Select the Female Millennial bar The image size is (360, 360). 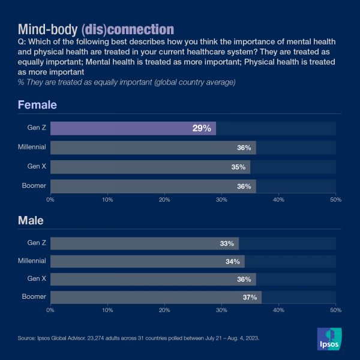[153, 148]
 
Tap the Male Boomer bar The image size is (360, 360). [156, 297]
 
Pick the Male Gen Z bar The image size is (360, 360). [144, 244]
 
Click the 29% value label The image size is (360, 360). [202, 128]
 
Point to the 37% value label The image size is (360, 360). [250, 297]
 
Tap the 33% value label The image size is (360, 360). [227, 244]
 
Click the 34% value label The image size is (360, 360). [233, 262]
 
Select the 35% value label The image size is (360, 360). [238, 167]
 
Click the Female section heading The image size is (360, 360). [37, 105]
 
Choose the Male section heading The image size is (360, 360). [31, 220]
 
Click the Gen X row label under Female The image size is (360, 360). [37, 166]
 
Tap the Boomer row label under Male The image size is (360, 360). [34, 296]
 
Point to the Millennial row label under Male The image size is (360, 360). [32, 261]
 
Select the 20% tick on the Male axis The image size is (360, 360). [164, 310]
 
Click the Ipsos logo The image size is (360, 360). [329, 339]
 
